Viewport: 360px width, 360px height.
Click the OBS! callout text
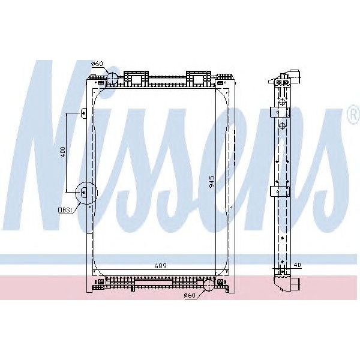click(64, 210)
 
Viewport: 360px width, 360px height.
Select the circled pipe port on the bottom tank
click(208, 284)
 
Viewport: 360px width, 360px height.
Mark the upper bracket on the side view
click(281, 112)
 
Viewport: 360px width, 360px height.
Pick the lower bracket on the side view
click(281, 191)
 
